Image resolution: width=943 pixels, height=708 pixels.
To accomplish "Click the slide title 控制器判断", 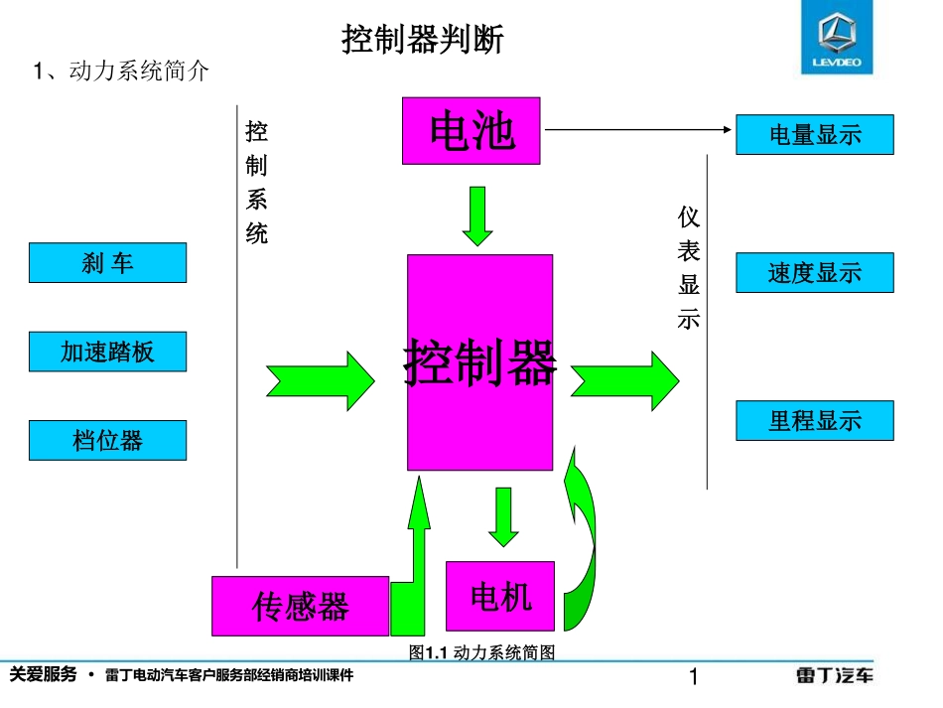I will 423,40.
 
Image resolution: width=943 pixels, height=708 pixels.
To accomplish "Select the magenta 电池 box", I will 471,130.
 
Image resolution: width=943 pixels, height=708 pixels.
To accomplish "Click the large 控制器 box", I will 479,362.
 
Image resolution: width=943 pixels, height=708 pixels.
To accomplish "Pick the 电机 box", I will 499,596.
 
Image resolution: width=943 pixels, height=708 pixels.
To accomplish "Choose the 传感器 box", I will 300,606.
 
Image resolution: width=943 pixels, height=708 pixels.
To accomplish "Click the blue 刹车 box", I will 107,263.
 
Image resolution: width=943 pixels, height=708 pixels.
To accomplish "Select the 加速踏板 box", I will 107,352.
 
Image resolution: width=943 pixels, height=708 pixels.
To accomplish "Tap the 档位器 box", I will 107,440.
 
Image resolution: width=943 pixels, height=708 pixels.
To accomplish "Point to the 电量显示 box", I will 814,135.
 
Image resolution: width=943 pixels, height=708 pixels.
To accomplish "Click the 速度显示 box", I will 814,273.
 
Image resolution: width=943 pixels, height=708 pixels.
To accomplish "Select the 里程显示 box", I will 814,421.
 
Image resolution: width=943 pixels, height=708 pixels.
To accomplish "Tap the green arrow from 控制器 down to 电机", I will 503,516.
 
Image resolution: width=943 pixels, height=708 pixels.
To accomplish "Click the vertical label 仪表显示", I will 689,268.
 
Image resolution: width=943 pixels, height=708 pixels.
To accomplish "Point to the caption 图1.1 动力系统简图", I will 481,652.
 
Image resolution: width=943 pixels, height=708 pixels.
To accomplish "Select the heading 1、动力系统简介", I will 121,71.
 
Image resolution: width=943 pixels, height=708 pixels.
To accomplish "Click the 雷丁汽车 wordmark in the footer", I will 835,676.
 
